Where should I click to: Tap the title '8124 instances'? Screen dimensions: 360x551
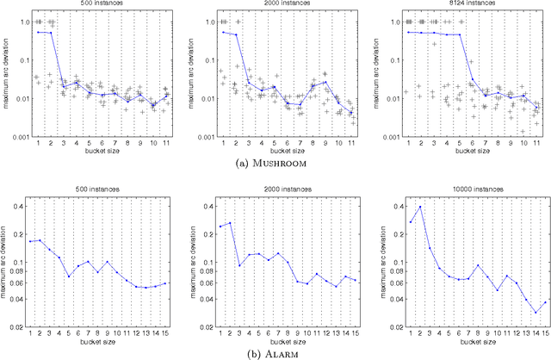point(466,5)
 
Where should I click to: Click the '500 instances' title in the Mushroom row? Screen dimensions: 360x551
point(99,5)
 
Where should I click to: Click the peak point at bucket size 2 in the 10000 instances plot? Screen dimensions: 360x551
point(419,207)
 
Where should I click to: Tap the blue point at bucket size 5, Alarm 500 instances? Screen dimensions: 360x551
point(69,276)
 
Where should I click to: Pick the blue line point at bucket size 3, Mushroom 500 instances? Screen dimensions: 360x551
point(63,85)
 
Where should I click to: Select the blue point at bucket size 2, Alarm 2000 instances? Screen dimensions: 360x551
point(230,223)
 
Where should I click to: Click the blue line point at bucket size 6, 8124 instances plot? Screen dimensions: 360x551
point(473,79)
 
